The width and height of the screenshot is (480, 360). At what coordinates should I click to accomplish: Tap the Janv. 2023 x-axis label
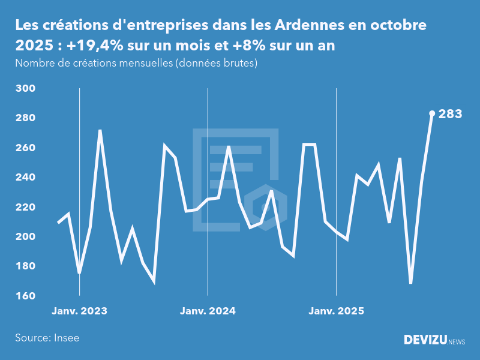[79, 311]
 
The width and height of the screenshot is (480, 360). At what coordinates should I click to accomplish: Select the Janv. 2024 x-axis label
[208, 311]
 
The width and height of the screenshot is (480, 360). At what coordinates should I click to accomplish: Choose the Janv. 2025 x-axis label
[336, 311]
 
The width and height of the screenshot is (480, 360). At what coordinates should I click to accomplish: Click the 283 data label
[451, 114]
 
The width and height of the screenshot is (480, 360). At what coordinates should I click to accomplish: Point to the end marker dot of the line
[432, 113]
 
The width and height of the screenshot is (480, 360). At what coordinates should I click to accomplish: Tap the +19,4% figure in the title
[80, 47]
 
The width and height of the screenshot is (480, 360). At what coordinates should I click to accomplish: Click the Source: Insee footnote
[47, 338]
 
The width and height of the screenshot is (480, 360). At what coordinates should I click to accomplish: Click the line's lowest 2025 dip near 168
[411, 283]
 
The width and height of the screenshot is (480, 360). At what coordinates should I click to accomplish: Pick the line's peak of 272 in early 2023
[100, 130]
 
